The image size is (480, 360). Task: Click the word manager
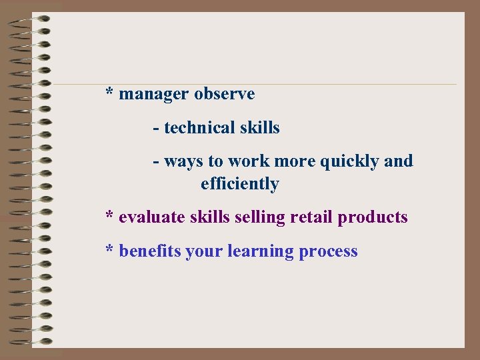[x=154, y=94]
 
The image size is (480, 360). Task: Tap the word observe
[x=225, y=94]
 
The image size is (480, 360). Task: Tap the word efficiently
[x=239, y=184]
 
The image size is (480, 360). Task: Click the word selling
[x=259, y=217]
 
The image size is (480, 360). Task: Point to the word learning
[x=261, y=252]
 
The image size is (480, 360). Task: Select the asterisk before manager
[x=109, y=92]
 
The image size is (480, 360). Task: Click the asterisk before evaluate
[x=109, y=215]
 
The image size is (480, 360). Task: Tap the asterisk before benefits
[x=109, y=249]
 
